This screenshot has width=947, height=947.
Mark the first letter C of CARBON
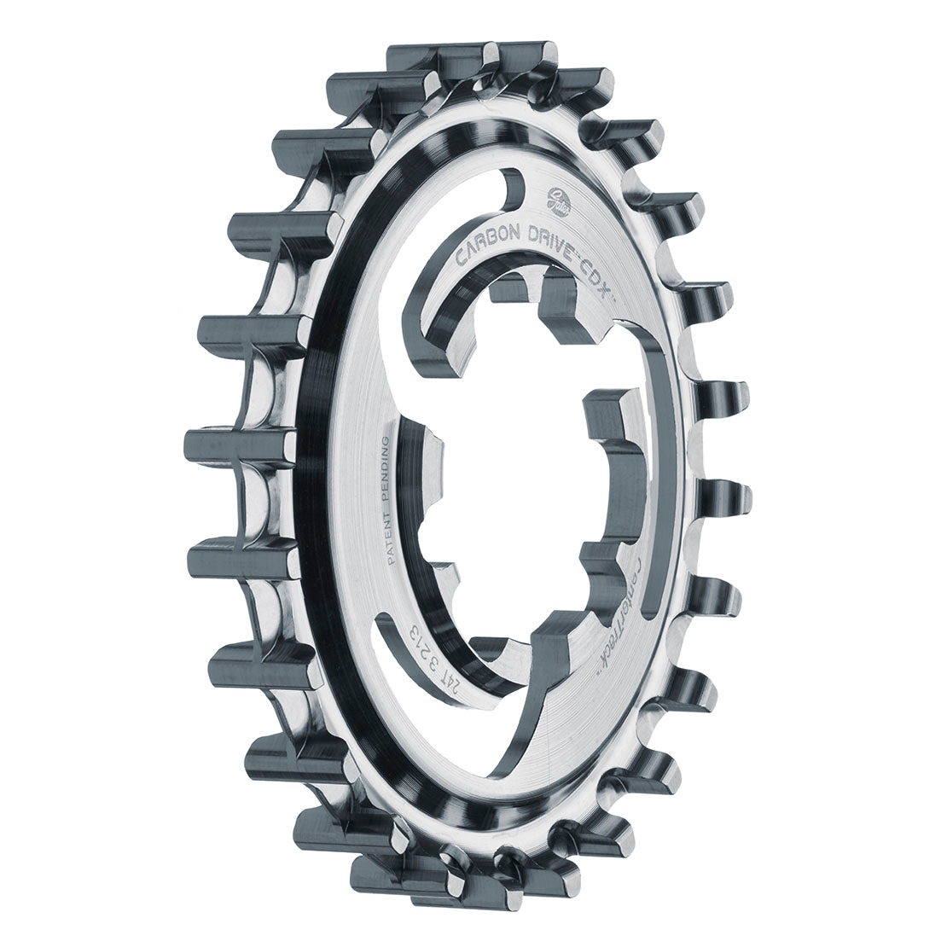pyautogui.click(x=463, y=259)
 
